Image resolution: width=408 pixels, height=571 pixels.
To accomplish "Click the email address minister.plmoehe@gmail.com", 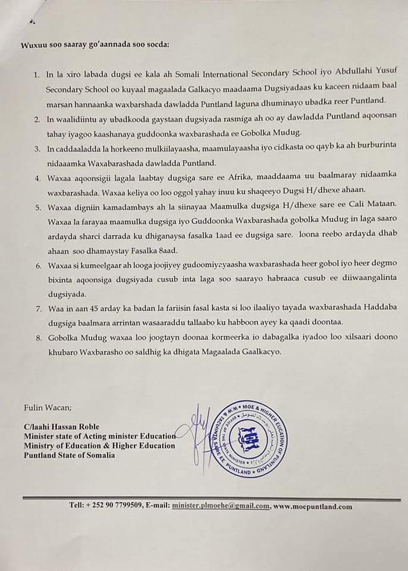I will [221, 507].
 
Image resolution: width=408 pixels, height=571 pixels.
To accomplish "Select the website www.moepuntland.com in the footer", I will [313, 507].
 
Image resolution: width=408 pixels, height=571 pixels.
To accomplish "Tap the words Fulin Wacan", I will [47, 407].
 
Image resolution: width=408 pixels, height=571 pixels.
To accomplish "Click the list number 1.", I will [36, 75].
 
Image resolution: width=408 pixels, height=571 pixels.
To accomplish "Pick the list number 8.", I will [36, 338].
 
